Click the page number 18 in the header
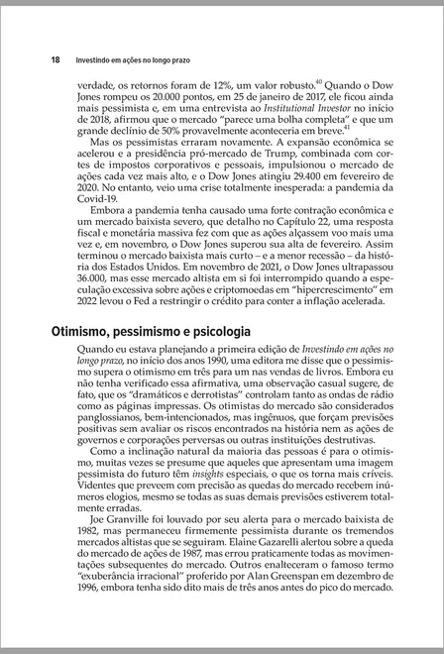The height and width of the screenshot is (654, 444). (x=57, y=59)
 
